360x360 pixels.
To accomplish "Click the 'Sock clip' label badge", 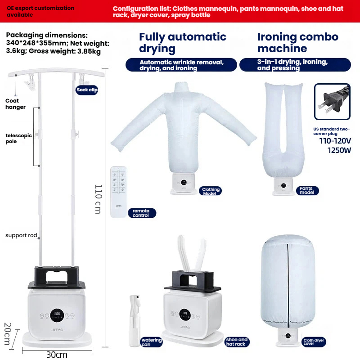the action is click(x=87, y=90).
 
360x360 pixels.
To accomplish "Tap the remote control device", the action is click(x=118, y=192).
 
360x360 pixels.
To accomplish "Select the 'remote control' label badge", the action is click(x=142, y=213).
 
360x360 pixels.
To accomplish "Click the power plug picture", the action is click(x=332, y=102).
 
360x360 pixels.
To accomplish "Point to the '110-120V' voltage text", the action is click(x=335, y=141).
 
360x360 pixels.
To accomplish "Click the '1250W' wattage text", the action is click(x=339, y=150).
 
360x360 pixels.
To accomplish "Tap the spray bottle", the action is click(x=135, y=320).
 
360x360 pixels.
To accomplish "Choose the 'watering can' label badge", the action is click(x=151, y=342).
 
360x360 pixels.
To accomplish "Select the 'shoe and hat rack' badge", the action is click(x=237, y=342).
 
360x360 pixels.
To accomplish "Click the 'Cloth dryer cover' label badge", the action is click(x=314, y=342).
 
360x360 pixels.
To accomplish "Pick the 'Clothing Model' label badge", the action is click(x=210, y=191).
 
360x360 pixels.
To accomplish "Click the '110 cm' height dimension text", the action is click(x=98, y=199).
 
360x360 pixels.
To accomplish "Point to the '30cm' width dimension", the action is click(x=57, y=355).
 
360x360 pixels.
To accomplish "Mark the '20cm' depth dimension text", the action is click(x=8, y=333).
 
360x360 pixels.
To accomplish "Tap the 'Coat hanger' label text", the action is click(x=15, y=104).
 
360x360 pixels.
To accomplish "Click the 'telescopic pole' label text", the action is click(x=18, y=138).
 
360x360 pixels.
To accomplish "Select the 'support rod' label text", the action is click(x=21, y=235).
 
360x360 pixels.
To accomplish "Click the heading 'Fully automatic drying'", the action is click(x=183, y=43).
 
